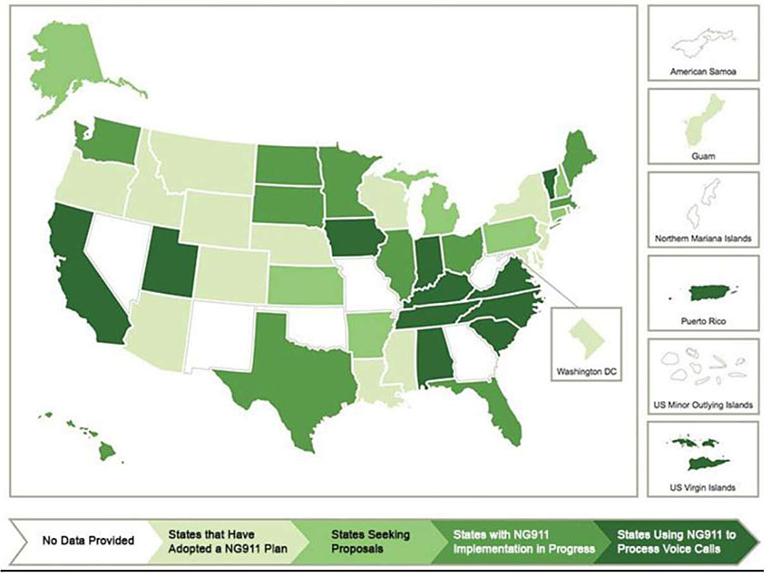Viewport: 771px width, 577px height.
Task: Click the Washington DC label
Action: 589,372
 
